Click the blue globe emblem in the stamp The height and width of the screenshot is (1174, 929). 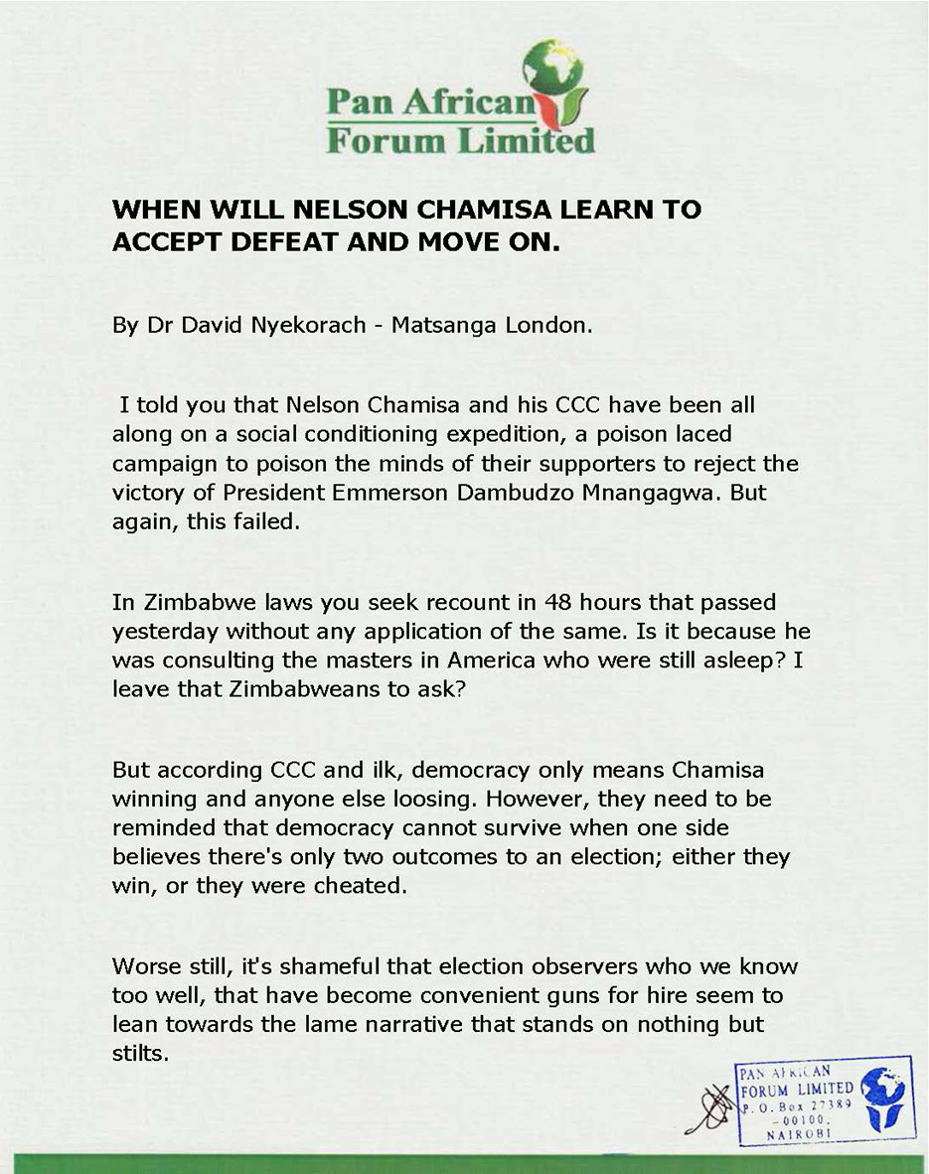click(x=882, y=1099)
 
